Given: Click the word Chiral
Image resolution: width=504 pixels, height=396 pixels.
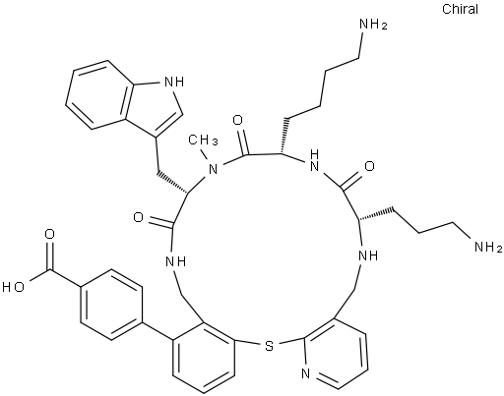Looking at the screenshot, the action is tap(460, 9).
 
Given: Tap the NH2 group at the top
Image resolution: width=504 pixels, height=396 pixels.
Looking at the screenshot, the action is tap(373, 25).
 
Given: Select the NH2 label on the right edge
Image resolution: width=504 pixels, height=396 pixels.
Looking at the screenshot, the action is tap(488, 247).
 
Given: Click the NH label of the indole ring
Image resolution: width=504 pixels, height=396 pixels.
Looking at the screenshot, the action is tap(174, 82).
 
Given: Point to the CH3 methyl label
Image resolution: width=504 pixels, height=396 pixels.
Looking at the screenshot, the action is tap(203, 141).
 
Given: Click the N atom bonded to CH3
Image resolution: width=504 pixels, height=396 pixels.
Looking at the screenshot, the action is tap(214, 169).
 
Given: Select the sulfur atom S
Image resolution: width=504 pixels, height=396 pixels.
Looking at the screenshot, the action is tap(269, 346).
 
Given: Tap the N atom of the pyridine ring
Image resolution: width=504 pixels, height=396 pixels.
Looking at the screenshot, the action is tap(306, 373).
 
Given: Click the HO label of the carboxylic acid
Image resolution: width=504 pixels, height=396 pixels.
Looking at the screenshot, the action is tap(13, 287).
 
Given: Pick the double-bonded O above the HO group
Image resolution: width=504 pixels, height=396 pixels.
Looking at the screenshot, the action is tap(50, 235).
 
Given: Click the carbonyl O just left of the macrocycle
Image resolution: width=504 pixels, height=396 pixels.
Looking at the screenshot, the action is tap(139, 217).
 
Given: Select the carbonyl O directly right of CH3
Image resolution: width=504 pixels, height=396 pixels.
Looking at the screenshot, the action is tap(237, 120).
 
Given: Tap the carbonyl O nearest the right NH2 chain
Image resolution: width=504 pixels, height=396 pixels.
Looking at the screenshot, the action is tap(369, 166).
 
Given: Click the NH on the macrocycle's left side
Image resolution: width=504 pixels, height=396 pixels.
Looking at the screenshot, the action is tap(176, 261).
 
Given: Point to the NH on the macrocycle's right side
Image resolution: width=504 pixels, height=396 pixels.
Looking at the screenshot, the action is tap(368, 255).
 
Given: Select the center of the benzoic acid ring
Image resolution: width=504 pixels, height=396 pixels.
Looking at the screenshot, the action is tap(111, 305).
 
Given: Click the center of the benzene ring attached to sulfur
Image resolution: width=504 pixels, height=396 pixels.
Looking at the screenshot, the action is tap(204, 357).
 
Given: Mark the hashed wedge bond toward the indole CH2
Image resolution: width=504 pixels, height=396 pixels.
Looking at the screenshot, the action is tap(171, 182).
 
